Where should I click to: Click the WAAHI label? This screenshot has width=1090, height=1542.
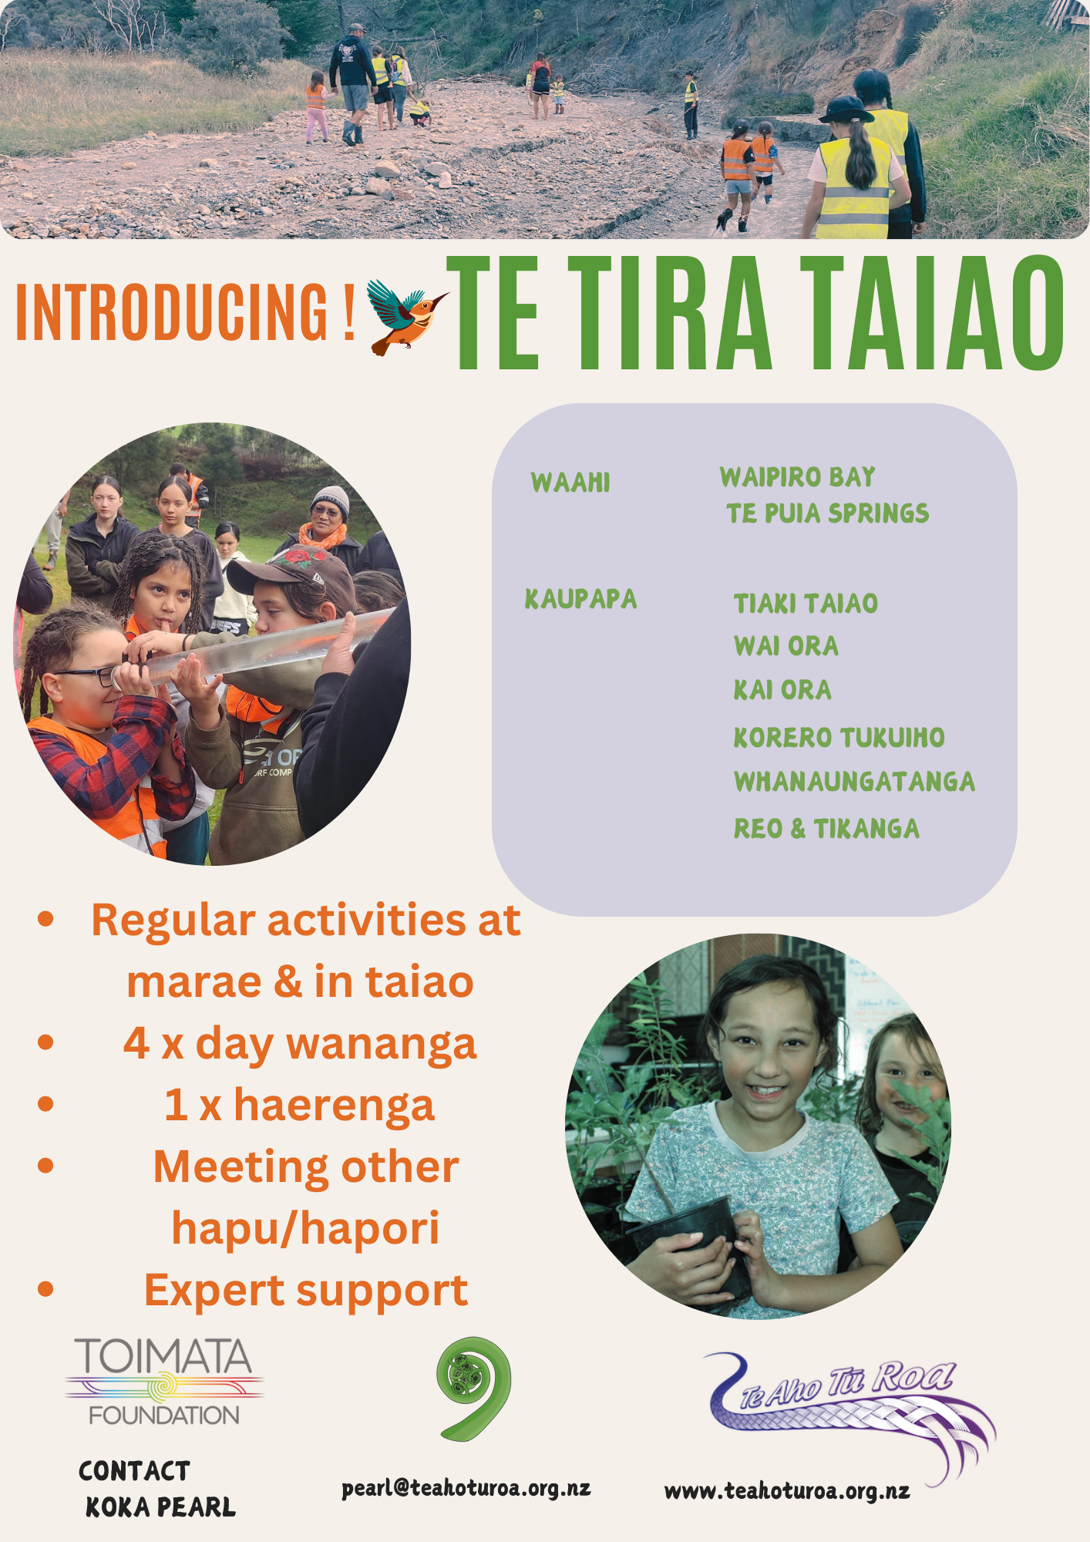[x=570, y=483]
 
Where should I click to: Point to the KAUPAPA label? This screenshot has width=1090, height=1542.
[x=581, y=599]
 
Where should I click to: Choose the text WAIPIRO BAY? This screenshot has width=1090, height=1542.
[x=797, y=477]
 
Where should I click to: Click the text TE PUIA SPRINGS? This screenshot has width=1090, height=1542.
[x=827, y=513]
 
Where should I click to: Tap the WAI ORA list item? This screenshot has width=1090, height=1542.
[x=786, y=646]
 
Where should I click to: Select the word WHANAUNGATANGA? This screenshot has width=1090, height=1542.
[x=854, y=782]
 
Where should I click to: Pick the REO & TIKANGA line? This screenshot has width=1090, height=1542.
[x=826, y=829]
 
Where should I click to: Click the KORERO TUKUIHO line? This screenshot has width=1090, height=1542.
[x=839, y=738]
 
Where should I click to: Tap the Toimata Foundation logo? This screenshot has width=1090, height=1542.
[x=164, y=1382]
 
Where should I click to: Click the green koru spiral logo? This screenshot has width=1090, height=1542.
[x=473, y=1388]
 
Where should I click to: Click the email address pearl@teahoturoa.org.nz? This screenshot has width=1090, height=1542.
[x=466, y=1488]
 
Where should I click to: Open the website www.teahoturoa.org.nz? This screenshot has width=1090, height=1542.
[x=787, y=1491]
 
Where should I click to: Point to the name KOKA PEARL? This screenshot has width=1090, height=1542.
[x=160, y=1507]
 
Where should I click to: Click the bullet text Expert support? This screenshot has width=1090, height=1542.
[x=306, y=1290]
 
